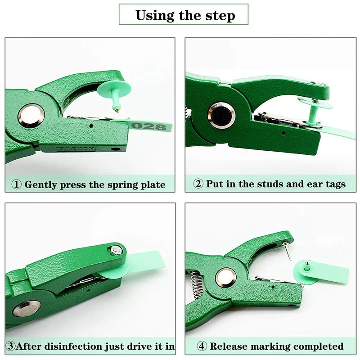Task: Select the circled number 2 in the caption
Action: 198,184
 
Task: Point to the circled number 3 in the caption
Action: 10,346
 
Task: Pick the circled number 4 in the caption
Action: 202,346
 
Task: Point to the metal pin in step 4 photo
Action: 287,250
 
